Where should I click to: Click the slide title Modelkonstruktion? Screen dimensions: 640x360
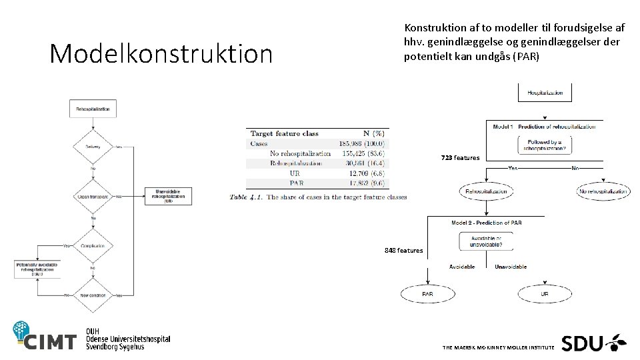pyautogui.click(x=161, y=54)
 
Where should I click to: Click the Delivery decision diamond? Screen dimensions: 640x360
pyautogui.click(x=93, y=147)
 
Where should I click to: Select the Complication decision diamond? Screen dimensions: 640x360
pyautogui.click(x=93, y=245)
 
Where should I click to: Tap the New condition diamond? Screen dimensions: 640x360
pyautogui.click(x=93, y=295)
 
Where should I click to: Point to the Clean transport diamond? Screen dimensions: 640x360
pyautogui.click(x=93, y=197)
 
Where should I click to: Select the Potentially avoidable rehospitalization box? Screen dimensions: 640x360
pyautogui.click(x=37, y=269)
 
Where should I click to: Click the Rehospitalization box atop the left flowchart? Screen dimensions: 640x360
pyautogui.click(x=93, y=108)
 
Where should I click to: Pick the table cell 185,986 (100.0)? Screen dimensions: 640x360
pyautogui.click(x=363, y=143)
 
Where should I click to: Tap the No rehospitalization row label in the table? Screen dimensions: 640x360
pyautogui.click(x=300, y=153)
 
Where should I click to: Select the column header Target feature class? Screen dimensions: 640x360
pyautogui.click(x=284, y=133)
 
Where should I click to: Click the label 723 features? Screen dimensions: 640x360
pyautogui.click(x=459, y=158)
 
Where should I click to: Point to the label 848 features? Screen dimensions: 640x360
pyautogui.click(x=403, y=251)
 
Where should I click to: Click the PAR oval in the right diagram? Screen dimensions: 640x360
pyautogui.click(x=427, y=293)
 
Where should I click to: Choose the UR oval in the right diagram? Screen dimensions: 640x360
pyautogui.click(x=545, y=293)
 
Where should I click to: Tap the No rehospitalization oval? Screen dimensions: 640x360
pyautogui.click(x=603, y=192)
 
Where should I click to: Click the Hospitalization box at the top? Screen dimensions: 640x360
pyautogui.click(x=545, y=93)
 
